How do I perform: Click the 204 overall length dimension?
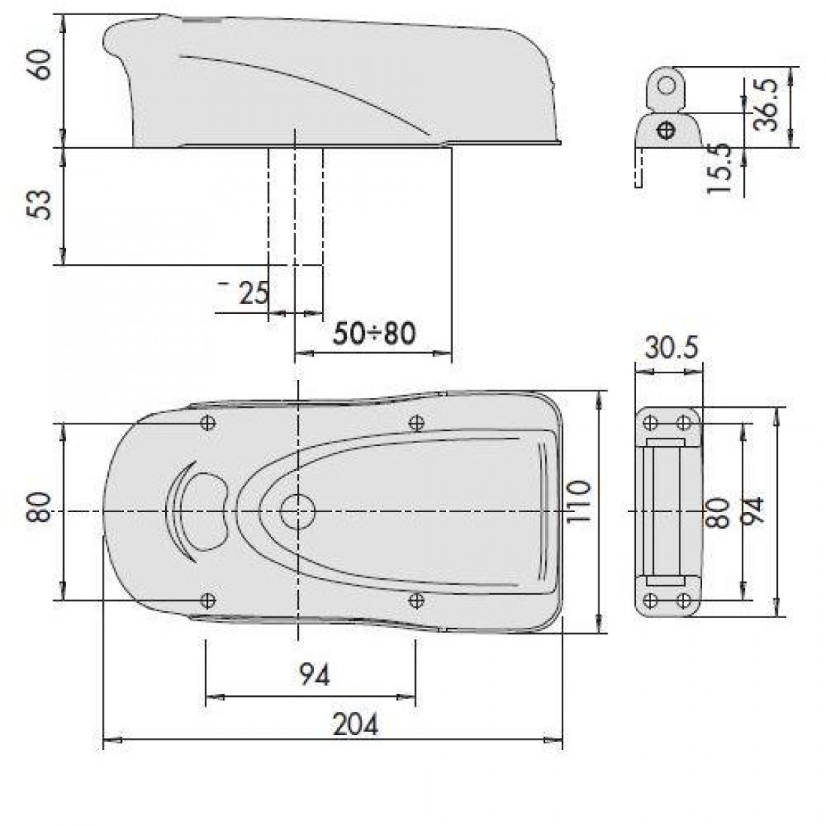(x=356, y=725)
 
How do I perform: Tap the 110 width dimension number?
(x=578, y=502)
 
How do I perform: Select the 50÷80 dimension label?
(x=375, y=333)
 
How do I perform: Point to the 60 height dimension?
(x=41, y=65)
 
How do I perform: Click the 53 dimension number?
(x=41, y=205)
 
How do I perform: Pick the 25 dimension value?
(x=254, y=293)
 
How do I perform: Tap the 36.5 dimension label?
(x=765, y=104)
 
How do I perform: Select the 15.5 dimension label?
(x=719, y=169)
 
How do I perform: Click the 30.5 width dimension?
(x=671, y=348)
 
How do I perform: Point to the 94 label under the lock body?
(x=315, y=675)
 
